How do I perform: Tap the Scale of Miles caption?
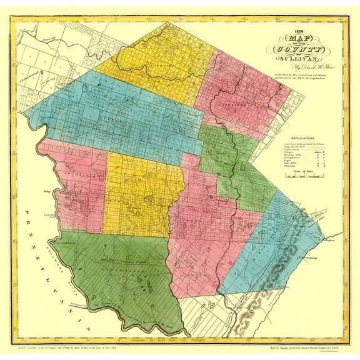click(301, 171)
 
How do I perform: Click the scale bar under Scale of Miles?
click(301, 177)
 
